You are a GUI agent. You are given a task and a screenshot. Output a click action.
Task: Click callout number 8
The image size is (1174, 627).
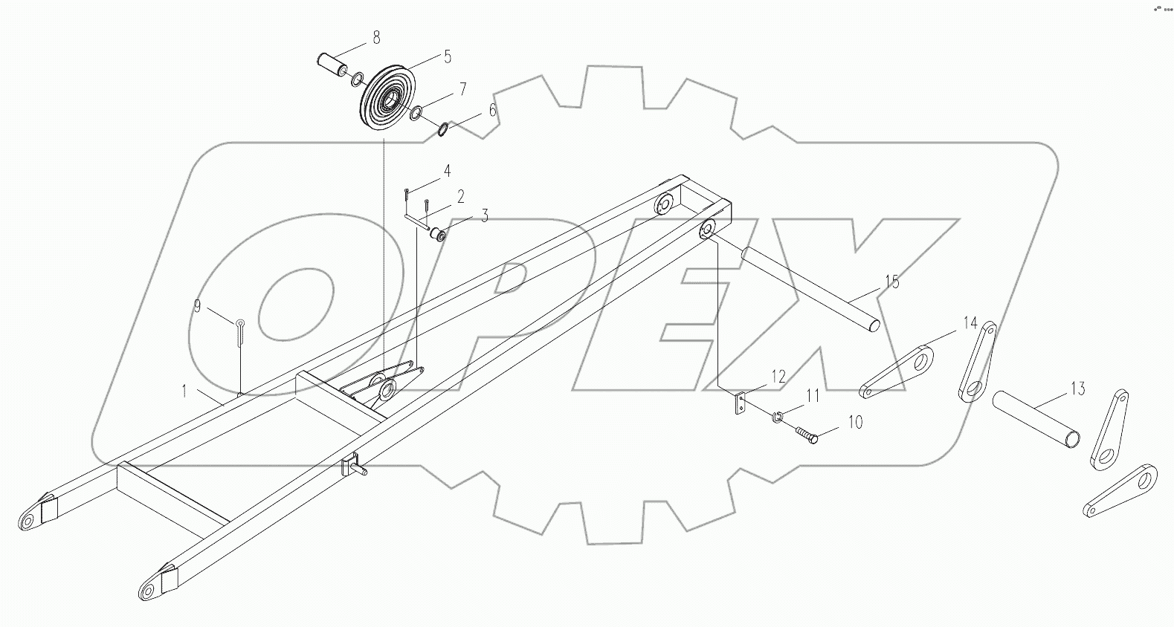click(x=376, y=36)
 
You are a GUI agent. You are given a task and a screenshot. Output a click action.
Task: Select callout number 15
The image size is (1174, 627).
click(x=892, y=282)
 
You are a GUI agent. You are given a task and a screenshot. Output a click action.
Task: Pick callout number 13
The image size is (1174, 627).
click(x=1078, y=389)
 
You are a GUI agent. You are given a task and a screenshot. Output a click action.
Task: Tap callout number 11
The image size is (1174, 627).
click(x=813, y=397)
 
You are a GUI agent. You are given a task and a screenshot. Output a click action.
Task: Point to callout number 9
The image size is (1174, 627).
click(x=197, y=305)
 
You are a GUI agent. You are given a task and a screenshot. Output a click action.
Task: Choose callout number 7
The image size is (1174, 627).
click(x=462, y=89)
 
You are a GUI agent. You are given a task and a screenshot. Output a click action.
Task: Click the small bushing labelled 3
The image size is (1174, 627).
click(x=436, y=235)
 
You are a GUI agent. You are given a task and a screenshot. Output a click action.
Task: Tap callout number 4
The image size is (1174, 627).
click(x=447, y=171)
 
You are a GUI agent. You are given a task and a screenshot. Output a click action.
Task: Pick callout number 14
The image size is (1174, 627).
click(x=970, y=322)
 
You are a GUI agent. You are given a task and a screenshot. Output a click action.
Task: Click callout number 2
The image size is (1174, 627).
click(x=461, y=197)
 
